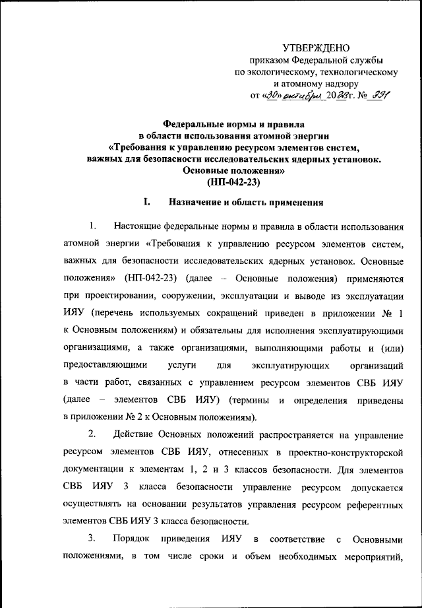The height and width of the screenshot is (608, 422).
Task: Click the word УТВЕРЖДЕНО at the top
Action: [316, 48]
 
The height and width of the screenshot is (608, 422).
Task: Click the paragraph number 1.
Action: [93, 226]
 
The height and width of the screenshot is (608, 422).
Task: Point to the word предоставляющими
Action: [101, 364]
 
